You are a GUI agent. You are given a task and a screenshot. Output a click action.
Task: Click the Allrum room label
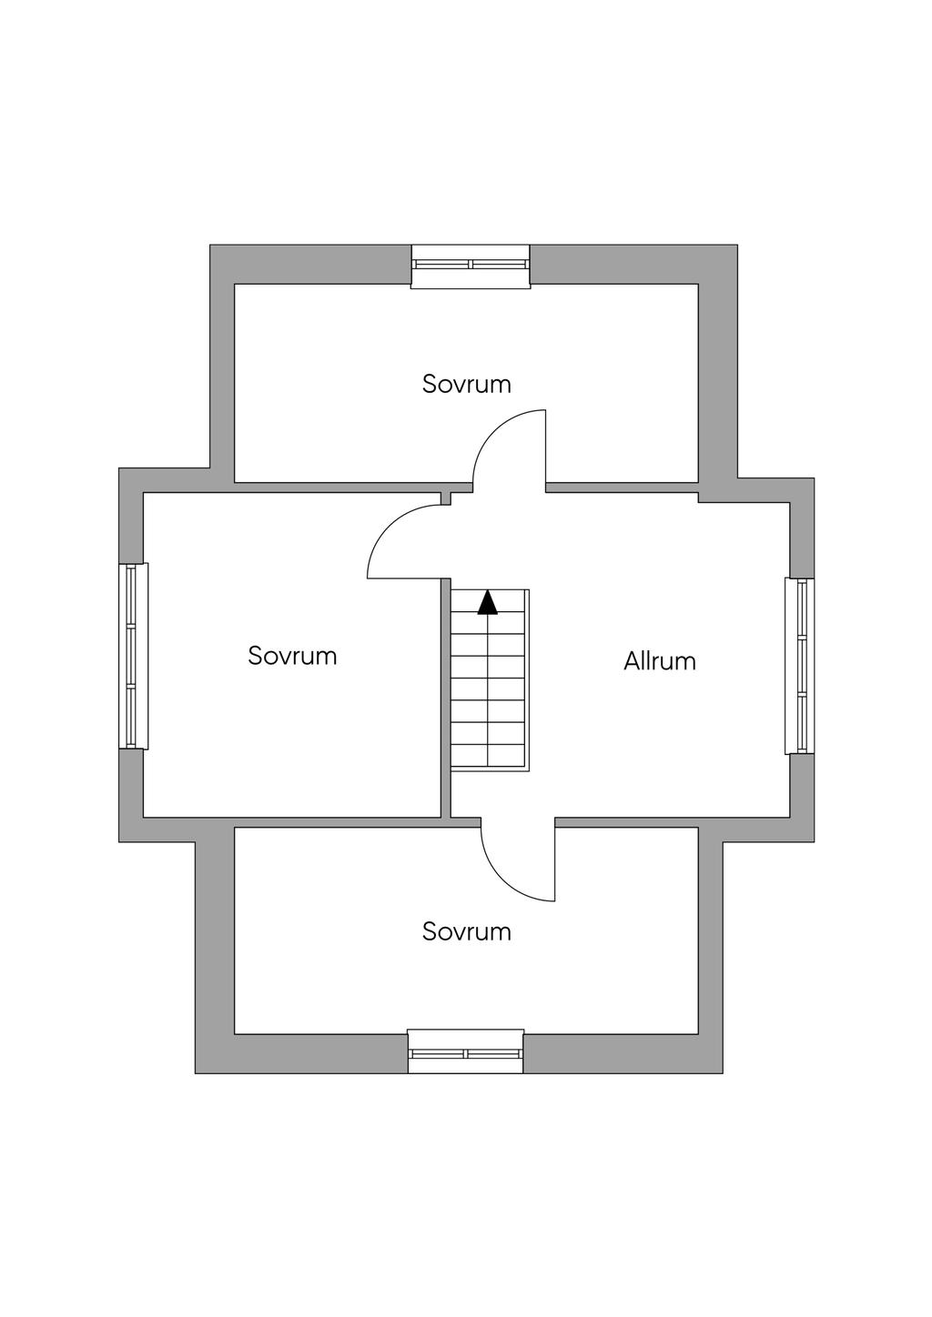[x=660, y=661]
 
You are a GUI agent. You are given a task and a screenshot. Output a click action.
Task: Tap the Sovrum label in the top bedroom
[x=467, y=384]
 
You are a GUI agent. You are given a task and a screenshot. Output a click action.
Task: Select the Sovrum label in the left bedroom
[x=292, y=656]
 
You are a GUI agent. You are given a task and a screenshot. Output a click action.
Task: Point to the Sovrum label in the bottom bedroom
[x=467, y=932]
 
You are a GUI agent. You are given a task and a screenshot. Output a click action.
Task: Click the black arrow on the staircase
[x=487, y=603]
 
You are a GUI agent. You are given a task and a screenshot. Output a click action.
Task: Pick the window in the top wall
[x=471, y=266]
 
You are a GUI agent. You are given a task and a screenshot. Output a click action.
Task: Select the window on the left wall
[x=134, y=656]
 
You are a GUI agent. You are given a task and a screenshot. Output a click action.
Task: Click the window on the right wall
[x=800, y=666]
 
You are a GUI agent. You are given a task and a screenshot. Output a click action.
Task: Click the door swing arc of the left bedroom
[x=389, y=527]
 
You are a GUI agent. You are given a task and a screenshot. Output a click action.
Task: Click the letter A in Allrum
[x=633, y=661]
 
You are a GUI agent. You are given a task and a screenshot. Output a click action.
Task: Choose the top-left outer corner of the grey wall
[x=210, y=246]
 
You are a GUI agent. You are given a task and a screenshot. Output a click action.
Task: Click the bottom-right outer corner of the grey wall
[x=723, y=1073]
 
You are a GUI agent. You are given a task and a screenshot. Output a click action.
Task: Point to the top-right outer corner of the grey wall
[x=737, y=246]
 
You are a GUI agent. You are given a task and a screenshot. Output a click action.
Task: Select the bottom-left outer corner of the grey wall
[x=196, y=1073]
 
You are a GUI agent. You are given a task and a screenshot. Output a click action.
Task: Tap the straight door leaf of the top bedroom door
[x=546, y=447]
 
